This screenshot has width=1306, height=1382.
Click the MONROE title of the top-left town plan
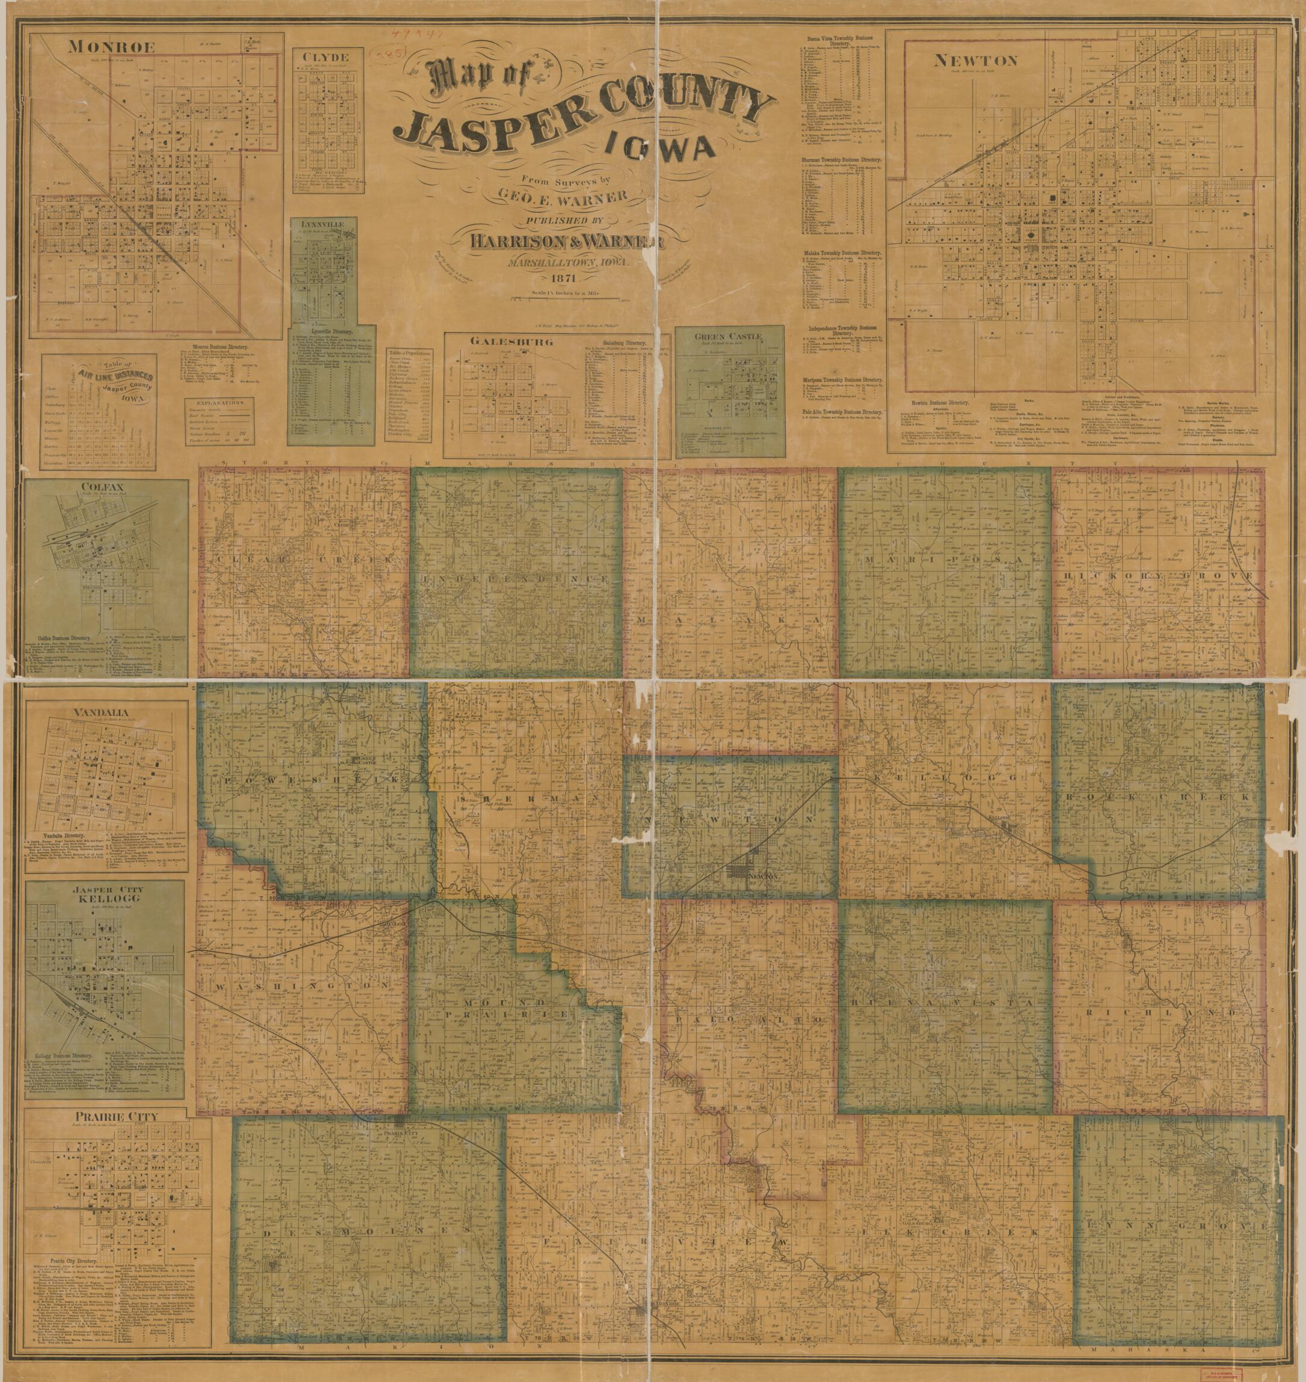(x=111, y=47)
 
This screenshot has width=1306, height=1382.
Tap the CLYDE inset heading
(x=331, y=57)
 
